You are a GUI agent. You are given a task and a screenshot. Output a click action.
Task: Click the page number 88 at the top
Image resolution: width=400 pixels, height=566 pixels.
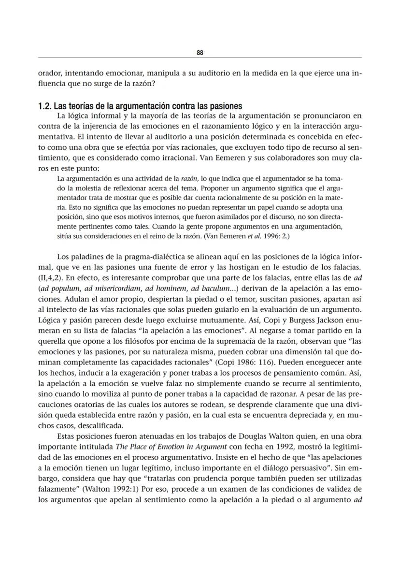point(200,52)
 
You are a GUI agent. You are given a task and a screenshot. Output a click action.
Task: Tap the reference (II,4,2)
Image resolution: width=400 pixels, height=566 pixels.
point(51,278)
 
